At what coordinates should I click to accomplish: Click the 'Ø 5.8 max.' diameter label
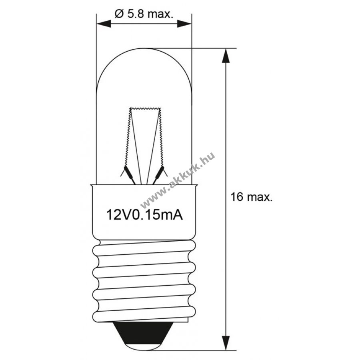[x=144, y=14]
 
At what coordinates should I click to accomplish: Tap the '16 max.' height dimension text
[x=252, y=197]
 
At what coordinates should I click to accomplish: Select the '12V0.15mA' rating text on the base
[x=144, y=215]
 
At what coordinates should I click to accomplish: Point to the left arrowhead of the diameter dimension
[x=104, y=24]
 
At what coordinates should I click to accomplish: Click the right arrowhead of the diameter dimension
[x=184, y=24]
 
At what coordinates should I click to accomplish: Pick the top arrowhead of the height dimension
[x=226, y=56]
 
